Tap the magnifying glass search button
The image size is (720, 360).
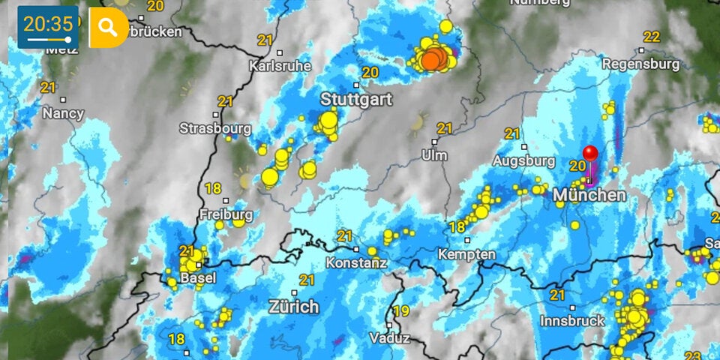108,28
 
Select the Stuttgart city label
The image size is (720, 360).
356,99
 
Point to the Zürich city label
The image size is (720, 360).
293,307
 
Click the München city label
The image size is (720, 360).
589,195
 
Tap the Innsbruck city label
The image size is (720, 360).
572,320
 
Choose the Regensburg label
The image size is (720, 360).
641,64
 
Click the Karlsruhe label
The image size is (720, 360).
279,66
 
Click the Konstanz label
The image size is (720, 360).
356,263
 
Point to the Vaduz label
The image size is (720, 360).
389,338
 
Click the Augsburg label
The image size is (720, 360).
523,160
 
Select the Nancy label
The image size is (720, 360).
63,113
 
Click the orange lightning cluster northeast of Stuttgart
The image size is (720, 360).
433,59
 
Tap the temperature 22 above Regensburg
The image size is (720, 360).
652,37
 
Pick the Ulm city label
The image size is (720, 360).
434,155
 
